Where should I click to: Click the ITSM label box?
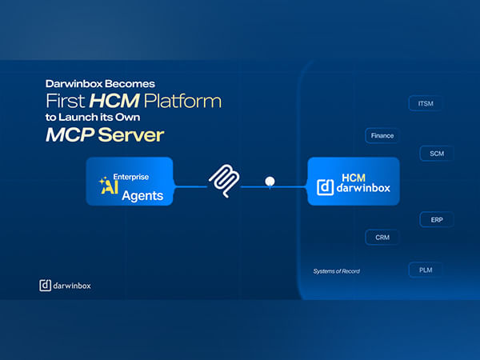pyautogui.click(x=425, y=104)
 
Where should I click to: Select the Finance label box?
pyautogui.click(x=382, y=135)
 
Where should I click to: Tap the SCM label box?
pyautogui.click(x=436, y=153)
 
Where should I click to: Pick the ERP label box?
pyautogui.click(x=436, y=219)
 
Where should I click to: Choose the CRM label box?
pyautogui.click(x=382, y=237)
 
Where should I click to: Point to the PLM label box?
pyautogui.click(x=425, y=270)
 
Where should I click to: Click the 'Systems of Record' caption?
pyautogui.click(x=336, y=271)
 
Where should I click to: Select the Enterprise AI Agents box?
pyautogui.click(x=130, y=182)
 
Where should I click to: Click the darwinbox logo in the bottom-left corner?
pyautogui.click(x=65, y=285)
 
